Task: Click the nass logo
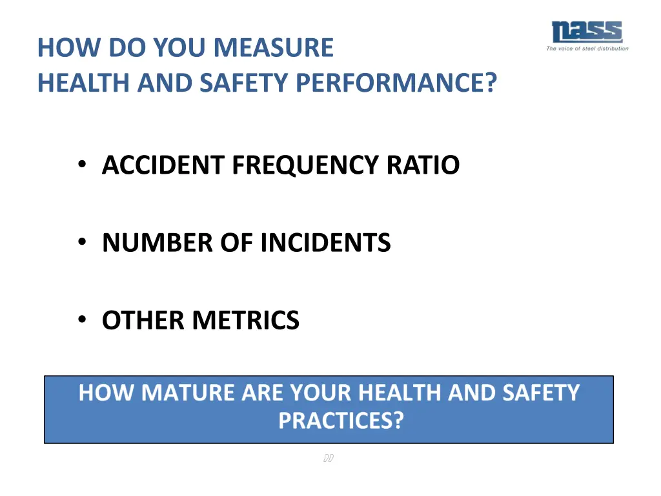click(x=587, y=32)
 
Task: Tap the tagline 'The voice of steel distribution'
click(x=587, y=48)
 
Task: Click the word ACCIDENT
click(x=164, y=165)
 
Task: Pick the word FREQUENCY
click(x=306, y=165)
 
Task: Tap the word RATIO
click(x=423, y=165)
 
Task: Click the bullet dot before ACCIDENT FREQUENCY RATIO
click(x=82, y=165)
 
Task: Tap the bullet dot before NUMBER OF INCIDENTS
click(x=82, y=242)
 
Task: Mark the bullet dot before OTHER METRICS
click(x=82, y=320)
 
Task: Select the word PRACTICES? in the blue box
click(x=341, y=421)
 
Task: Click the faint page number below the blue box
click(x=328, y=459)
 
